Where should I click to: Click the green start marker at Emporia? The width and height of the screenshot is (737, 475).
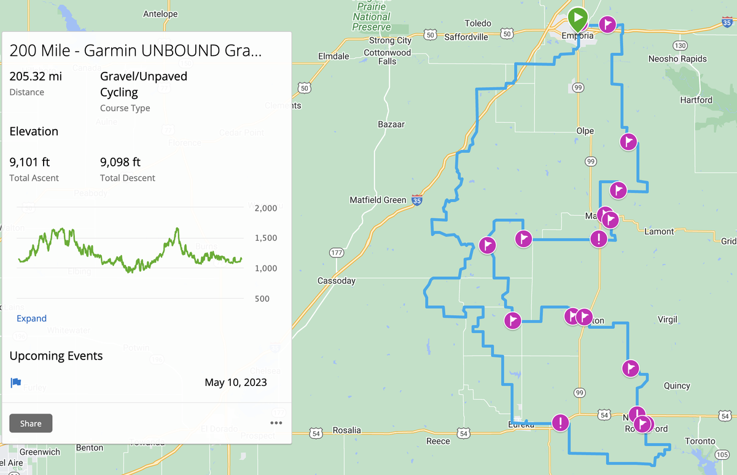click(x=577, y=18)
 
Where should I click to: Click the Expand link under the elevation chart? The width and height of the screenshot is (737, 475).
click(x=31, y=318)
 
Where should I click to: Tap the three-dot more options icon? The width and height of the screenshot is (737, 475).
click(x=276, y=423)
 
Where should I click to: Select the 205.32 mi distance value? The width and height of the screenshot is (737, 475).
click(x=36, y=76)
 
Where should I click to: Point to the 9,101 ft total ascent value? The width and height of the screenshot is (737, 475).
click(x=29, y=162)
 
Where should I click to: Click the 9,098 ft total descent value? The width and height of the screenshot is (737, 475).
click(x=120, y=162)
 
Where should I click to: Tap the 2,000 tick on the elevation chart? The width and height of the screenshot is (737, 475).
click(x=266, y=208)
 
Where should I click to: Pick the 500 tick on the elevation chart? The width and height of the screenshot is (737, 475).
click(x=262, y=299)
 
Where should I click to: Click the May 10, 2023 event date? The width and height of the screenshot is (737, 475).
click(x=236, y=382)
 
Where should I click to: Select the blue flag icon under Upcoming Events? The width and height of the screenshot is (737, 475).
click(x=16, y=382)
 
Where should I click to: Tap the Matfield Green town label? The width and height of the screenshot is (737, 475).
click(x=378, y=200)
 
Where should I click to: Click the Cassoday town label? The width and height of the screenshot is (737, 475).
click(x=337, y=281)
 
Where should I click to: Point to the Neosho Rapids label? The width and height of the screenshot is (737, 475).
click(x=677, y=59)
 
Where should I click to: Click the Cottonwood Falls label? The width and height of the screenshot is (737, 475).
click(x=387, y=57)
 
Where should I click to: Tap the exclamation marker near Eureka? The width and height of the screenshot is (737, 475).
click(x=560, y=423)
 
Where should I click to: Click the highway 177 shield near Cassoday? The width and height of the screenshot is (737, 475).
click(x=336, y=253)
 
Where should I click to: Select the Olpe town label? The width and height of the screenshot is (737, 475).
click(x=585, y=131)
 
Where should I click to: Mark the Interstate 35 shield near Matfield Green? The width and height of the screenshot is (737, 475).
click(x=417, y=200)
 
